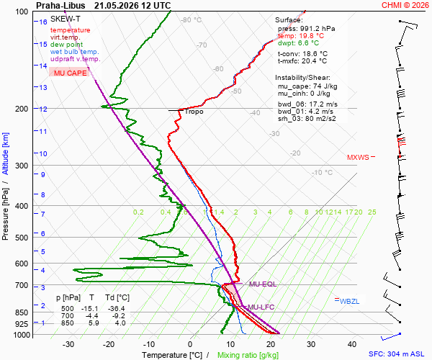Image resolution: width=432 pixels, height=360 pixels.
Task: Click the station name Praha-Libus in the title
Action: [x=60, y=6]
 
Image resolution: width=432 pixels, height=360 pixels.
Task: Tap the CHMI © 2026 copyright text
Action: [x=405, y=5]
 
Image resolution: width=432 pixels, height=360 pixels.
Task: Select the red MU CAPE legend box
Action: [x=69, y=73]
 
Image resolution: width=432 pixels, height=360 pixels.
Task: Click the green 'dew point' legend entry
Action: [x=66, y=45]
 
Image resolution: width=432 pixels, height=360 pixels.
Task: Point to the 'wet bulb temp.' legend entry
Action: [x=74, y=52]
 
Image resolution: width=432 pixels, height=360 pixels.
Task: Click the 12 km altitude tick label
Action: [x=43, y=109]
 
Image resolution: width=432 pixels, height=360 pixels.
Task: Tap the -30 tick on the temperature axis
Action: [x=68, y=344]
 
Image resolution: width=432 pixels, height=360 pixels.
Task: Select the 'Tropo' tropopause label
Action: [x=194, y=112]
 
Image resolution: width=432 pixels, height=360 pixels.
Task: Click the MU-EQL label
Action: [x=263, y=284]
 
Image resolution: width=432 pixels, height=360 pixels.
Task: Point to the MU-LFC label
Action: [x=261, y=307]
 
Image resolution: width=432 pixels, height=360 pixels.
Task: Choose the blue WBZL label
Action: [x=349, y=302]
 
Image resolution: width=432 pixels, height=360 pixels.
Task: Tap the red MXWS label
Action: [x=358, y=157]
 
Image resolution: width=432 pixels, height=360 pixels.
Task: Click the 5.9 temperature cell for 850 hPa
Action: [x=94, y=323]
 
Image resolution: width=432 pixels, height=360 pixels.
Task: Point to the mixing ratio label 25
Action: [x=372, y=212]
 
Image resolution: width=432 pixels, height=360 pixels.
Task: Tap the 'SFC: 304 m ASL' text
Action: [x=397, y=354]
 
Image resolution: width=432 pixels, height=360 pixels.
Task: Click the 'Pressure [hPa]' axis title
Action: [x=5, y=214]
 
